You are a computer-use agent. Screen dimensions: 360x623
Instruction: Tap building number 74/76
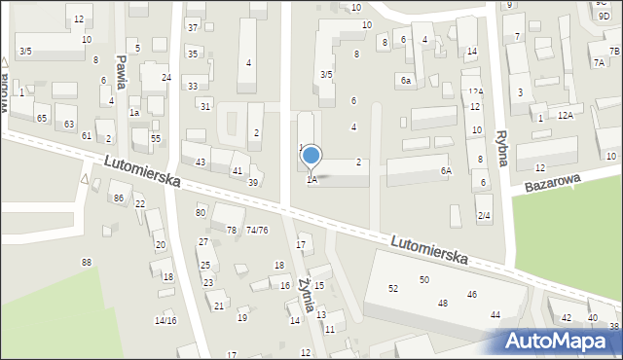click(257, 230)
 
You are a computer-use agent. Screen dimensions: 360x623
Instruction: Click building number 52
click(393, 289)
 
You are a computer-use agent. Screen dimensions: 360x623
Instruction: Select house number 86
click(119, 198)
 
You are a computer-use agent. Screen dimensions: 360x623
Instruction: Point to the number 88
click(87, 263)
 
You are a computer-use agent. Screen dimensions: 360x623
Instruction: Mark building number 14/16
click(165, 320)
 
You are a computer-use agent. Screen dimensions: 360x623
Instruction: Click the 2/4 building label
click(484, 215)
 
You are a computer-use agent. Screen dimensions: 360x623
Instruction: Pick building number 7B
click(614, 51)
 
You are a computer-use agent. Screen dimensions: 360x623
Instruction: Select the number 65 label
click(42, 118)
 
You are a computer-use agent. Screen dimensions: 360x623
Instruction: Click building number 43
click(201, 162)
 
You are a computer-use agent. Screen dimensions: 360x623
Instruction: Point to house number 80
click(201, 212)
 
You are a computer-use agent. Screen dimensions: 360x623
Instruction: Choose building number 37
click(193, 27)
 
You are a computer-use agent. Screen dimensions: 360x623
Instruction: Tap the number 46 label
click(472, 294)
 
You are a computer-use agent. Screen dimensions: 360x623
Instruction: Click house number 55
click(155, 139)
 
